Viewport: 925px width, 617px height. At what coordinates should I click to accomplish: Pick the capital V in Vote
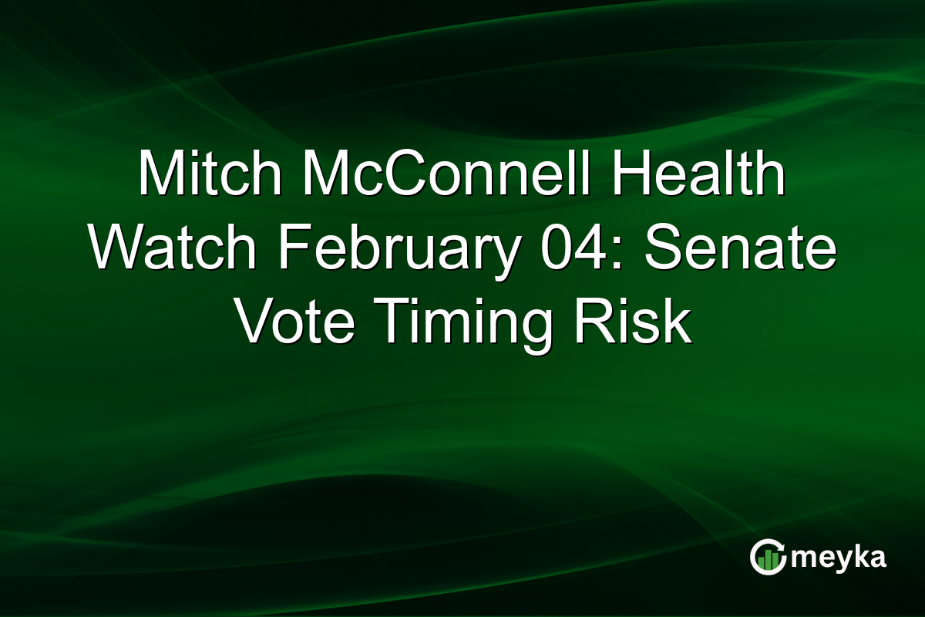(252, 324)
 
